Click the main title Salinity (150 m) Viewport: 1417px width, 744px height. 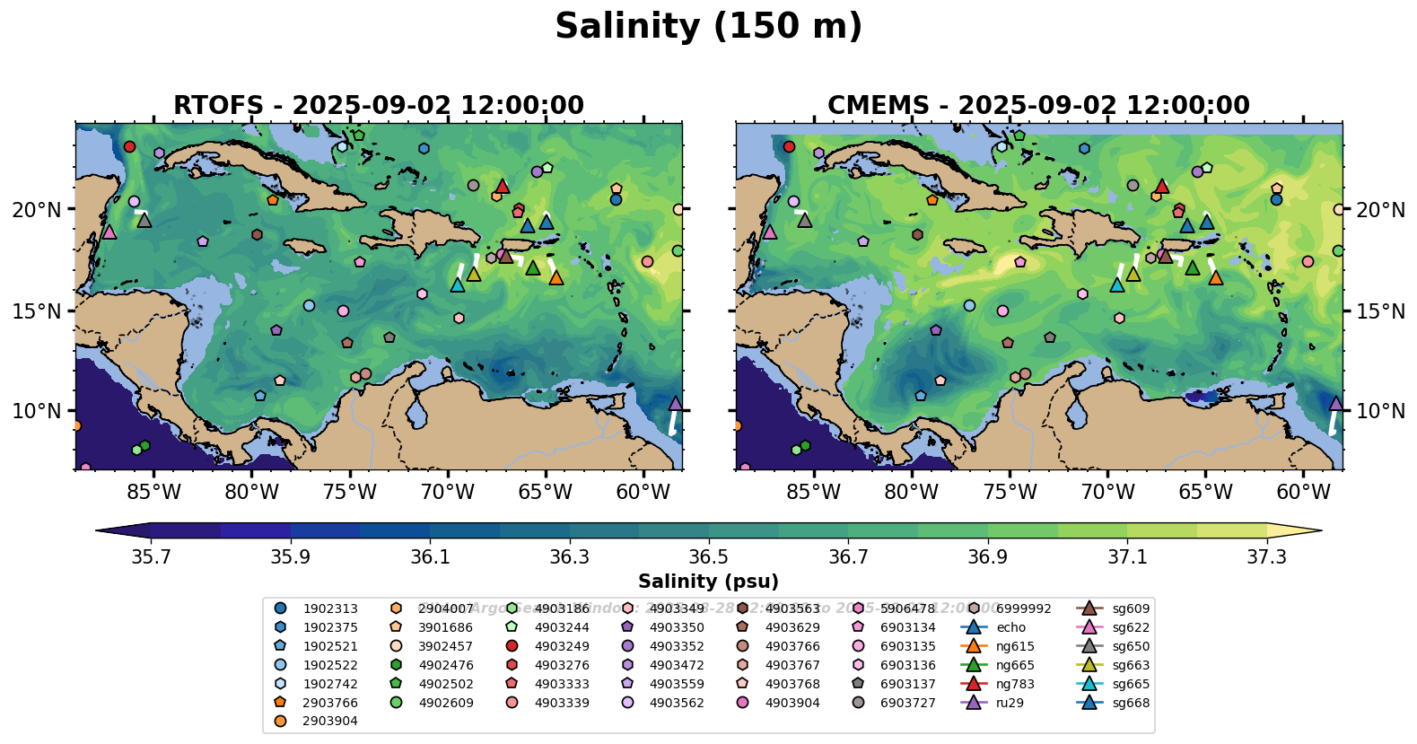(x=708, y=27)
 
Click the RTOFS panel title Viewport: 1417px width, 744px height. (x=378, y=106)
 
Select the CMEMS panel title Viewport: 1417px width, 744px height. (x=1038, y=106)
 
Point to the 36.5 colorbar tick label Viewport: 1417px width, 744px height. (x=709, y=557)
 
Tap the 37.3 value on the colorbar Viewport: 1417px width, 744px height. (x=1266, y=557)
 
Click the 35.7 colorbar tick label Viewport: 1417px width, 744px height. (x=151, y=557)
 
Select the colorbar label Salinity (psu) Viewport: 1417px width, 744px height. (x=708, y=582)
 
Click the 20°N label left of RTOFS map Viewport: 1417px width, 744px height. (x=37, y=210)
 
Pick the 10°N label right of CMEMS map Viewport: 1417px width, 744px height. (x=1379, y=411)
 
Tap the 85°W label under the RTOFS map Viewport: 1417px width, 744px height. (x=153, y=492)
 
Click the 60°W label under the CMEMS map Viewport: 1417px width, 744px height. (x=1303, y=492)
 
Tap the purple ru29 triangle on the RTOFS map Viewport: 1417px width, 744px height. (x=676, y=404)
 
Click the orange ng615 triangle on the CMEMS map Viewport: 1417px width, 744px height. (x=1216, y=278)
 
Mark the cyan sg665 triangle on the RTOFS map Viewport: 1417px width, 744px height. (x=457, y=285)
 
